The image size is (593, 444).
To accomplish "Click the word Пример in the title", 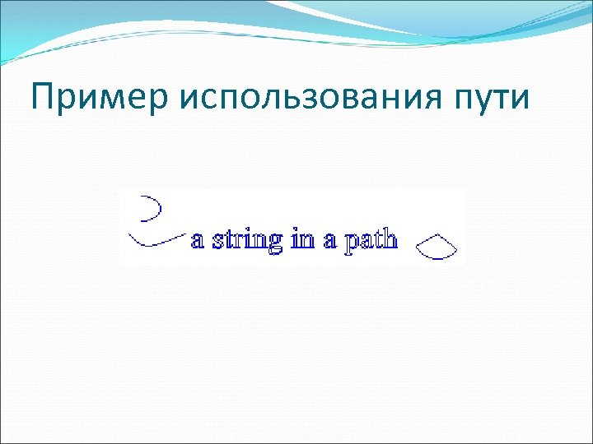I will [x=98, y=98].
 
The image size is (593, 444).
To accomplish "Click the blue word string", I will [x=248, y=240].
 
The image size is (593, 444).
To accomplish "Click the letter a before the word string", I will [x=198, y=241].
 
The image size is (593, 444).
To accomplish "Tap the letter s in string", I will [x=217, y=241].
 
